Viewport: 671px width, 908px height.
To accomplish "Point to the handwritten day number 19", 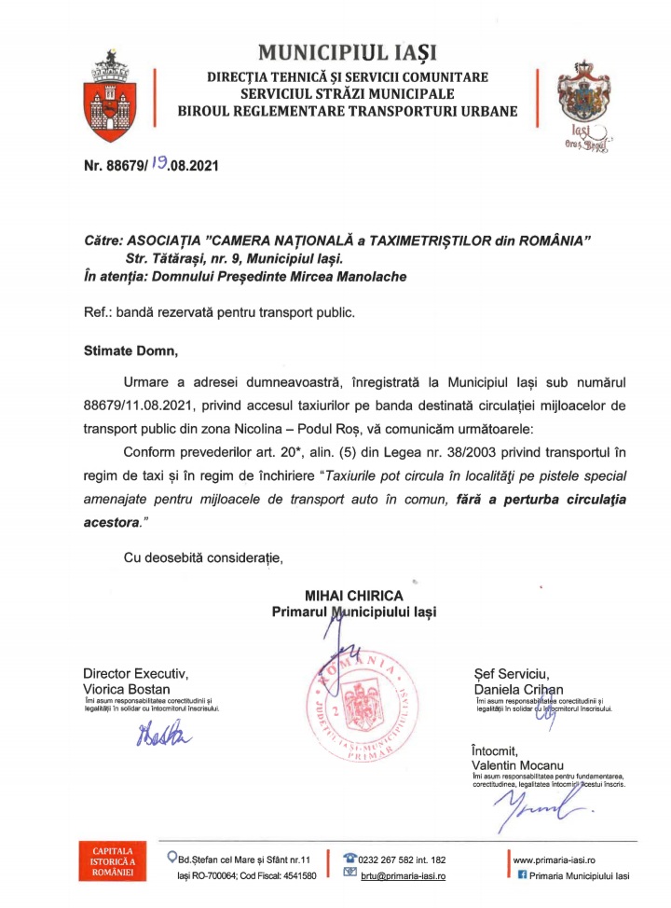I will click(x=164, y=168).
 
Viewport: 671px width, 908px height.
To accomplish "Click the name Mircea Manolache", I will click(x=352, y=277).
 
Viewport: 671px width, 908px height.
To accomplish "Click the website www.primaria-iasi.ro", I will click(x=555, y=859).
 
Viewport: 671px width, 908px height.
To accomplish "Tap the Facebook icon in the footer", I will click(x=522, y=876).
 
